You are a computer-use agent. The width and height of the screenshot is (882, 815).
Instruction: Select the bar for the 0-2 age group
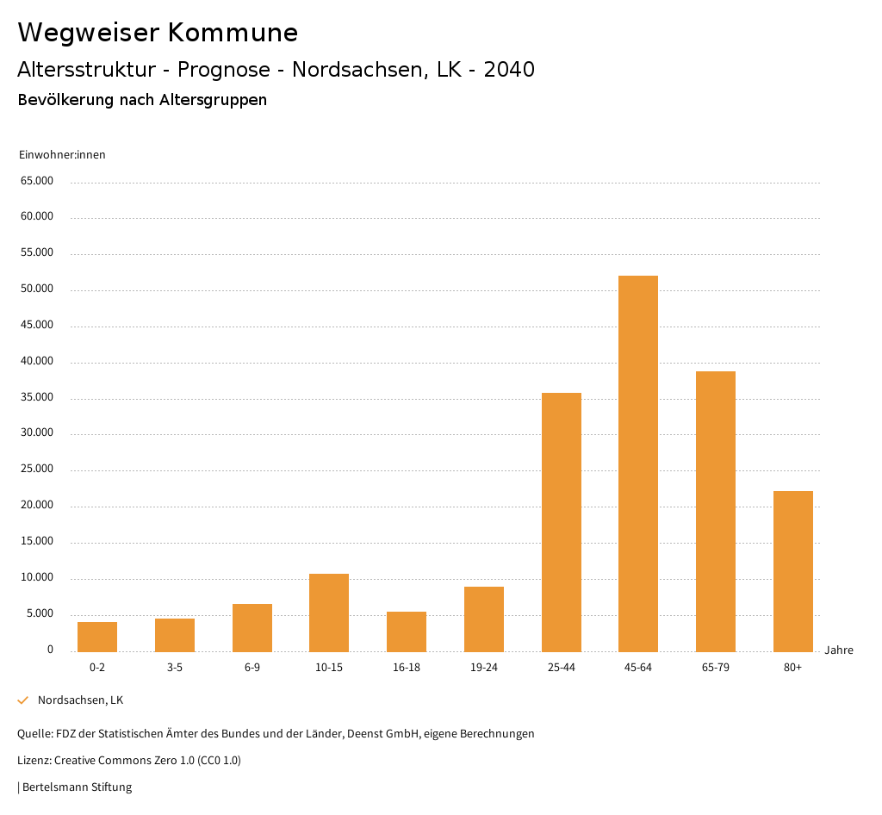[x=97, y=637]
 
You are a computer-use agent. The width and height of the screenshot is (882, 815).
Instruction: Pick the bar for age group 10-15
[x=329, y=613]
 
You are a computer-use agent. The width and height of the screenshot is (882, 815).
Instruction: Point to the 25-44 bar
[x=561, y=522]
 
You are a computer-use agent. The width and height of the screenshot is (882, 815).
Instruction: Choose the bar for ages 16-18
[x=407, y=631]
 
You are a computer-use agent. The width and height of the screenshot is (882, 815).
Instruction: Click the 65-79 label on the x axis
[x=715, y=668]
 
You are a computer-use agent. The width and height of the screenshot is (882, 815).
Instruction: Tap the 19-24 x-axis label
[x=483, y=668]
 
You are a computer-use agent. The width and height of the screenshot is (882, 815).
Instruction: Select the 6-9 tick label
[x=252, y=668]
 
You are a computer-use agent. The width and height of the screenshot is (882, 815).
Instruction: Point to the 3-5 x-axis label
[x=175, y=668]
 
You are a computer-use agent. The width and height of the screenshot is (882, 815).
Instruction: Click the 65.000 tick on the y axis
[x=37, y=181]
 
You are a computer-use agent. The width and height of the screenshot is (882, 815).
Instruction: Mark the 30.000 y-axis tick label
[x=37, y=433]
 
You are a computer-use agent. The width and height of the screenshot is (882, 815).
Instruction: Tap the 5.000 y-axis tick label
[x=40, y=613]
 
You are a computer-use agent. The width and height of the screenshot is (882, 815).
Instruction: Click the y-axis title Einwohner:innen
[x=62, y=155]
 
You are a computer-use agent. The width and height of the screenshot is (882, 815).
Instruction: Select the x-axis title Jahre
[x=838, y=650]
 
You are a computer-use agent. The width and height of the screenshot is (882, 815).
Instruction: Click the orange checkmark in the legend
[x=23, y=700]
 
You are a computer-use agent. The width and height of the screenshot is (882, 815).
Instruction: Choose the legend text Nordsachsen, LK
[x=80, y=700]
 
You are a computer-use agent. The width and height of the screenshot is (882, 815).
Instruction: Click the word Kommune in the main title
[x=233, y=33]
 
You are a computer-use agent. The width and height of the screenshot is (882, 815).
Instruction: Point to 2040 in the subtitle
[x=509, y=70]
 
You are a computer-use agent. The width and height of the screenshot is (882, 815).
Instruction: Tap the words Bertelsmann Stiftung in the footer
[x=77, y=787]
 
